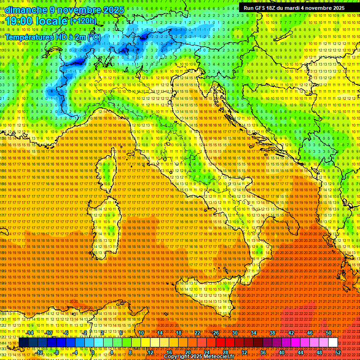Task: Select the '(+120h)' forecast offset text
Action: tap(83, 21)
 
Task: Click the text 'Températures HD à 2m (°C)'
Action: tap(53, 37)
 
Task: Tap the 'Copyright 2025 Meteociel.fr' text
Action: tap(199, 356)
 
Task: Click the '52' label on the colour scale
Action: tap(337, 352)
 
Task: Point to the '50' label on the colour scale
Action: tap(328, 333)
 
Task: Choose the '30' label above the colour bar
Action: tap(235, 333)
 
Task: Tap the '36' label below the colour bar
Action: tap(263, 352)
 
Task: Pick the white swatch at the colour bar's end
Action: tap(333, 343)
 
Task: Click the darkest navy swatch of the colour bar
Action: tap(23, 343)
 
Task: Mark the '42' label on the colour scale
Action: tap(291, 333)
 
